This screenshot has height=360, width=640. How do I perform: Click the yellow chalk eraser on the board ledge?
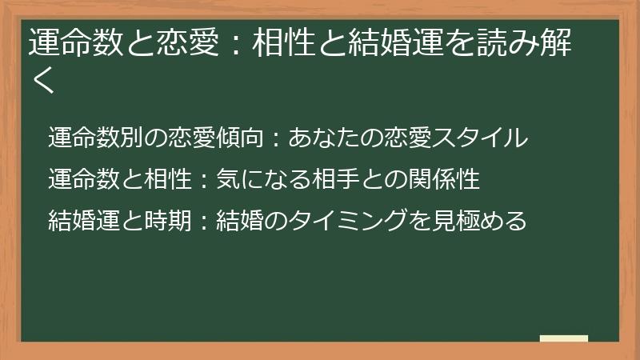(563, 338)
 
